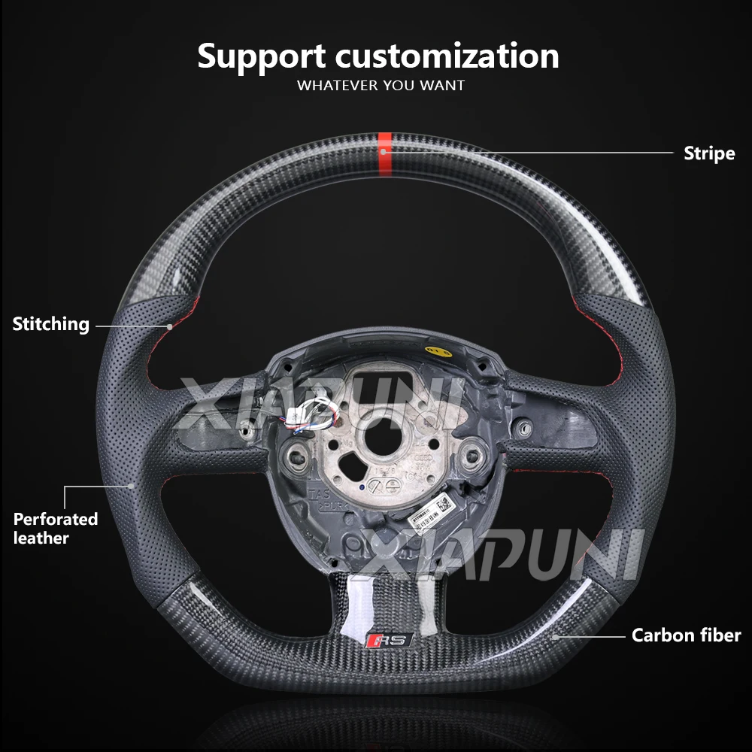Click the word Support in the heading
(262, 57)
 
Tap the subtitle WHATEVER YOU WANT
(381, 85)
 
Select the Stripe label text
(708, 153)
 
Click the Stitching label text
(50, 325)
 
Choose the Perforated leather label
(55, 528)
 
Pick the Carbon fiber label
(686, 635)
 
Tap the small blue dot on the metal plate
(362, 487)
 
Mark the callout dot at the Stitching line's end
(170, 326)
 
